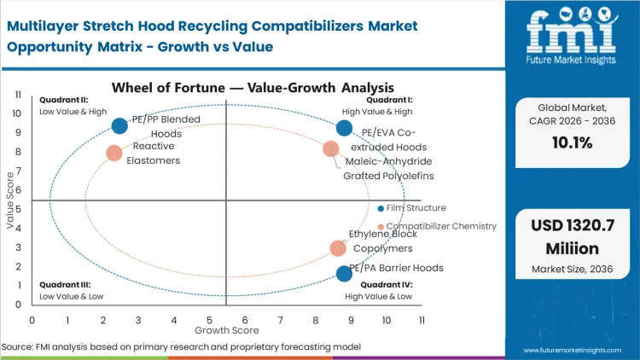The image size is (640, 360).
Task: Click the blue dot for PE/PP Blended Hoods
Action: (119, 125)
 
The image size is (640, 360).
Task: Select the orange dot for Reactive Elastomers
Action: (114, 153)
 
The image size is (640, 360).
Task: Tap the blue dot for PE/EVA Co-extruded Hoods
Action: (344, 128)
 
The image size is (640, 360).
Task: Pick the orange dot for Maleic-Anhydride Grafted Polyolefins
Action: (331, 149)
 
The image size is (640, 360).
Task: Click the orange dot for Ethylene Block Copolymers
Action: (339, 248)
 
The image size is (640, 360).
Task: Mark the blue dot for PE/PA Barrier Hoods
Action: (344, 273)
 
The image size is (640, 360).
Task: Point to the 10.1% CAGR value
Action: (572, 143)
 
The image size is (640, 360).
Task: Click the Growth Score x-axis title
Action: (226, 330)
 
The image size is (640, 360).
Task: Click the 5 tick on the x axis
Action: (210, 320)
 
